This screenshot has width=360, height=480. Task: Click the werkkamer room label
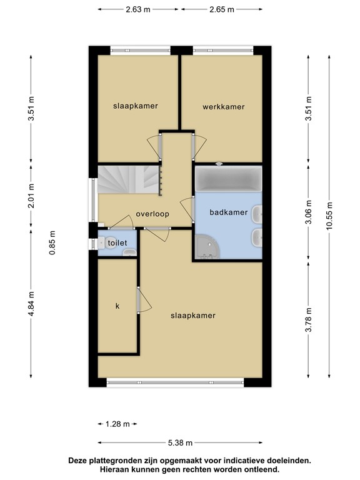(x=223, y=107)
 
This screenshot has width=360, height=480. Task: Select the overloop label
(x=153, y=214)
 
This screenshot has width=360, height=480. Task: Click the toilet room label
(x=117, y=242)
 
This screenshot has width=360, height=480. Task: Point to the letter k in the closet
(x=117, y=306)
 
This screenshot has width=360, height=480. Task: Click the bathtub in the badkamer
(x=228, y=181)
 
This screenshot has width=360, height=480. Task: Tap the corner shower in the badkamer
(x=207, y=247)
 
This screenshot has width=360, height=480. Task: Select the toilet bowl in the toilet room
(x=129, y=252)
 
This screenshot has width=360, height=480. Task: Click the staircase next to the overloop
(x=129, y=180)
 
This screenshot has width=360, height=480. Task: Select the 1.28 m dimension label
(x=117, y=424)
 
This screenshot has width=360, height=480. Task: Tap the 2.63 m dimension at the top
(x=137, y=9)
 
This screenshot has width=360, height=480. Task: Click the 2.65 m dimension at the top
(x=222, y=9)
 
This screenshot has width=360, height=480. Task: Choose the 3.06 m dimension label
(x=307, y=212)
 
